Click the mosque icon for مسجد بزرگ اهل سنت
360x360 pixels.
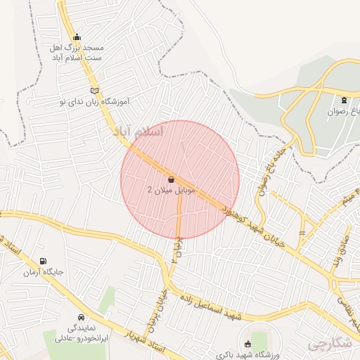click(77, 37)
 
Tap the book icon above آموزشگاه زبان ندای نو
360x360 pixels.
click(95, 91)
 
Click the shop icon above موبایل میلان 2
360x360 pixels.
click(172, 179)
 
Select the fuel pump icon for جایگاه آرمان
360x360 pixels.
click(45, 261)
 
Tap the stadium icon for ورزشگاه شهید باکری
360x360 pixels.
click(247, 344)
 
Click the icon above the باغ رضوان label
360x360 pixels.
click(344, 101)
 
